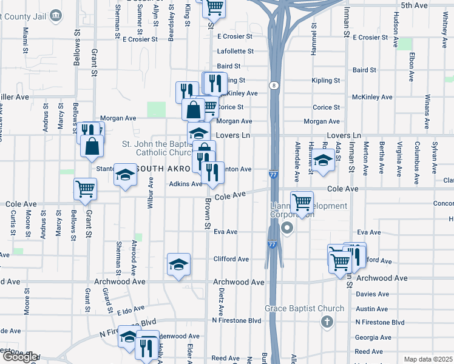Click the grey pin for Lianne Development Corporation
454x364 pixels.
[x=287, y=228]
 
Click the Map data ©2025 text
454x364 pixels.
[x=427, y=359]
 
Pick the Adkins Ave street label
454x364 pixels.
[x=185, y=184]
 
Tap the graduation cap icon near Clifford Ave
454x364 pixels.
[x=178, y=264]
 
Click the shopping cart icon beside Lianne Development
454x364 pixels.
[x=302, y=202]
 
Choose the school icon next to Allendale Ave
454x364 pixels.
[x=323, y=160]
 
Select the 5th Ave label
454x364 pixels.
[x=415, y=5]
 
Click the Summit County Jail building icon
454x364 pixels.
[x=56, y=14]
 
